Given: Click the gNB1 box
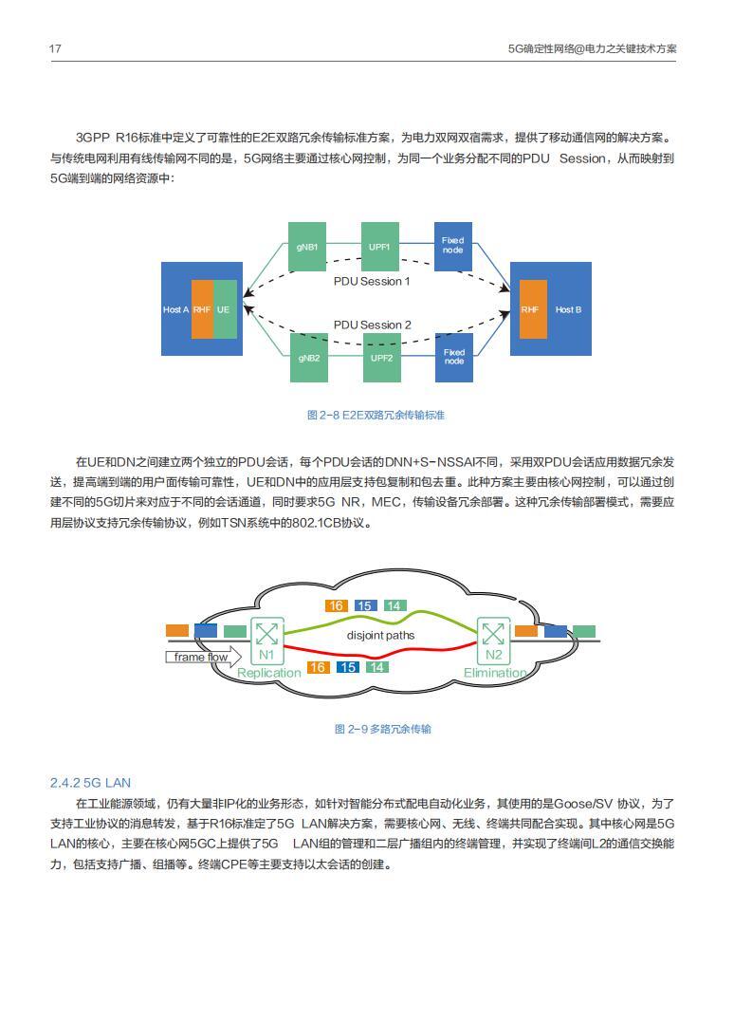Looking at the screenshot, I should coord(306,247).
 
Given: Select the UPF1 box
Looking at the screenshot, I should coord(380,247).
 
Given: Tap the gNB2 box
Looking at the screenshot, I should coord(307,358).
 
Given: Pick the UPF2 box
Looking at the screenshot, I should coord(380,358).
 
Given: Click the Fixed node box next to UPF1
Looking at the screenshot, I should coord(453,246).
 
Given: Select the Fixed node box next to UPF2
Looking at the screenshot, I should coord(454,358).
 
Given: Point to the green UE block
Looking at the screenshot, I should coord(224,309).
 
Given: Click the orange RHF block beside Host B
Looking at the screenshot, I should coord(530,309).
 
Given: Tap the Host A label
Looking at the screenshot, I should coord(175,309).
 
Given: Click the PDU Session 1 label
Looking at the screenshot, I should coord(372,282).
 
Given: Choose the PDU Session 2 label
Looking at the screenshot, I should coord(372,325).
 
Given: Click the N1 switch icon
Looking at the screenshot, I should coord(266,634).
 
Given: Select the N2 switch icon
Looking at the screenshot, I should coord(493,634).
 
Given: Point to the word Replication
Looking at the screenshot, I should coord(268,673).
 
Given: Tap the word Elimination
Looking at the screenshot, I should coord(495,673).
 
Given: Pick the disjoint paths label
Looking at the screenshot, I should coord(380,635).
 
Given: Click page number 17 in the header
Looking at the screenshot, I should coord(56,47).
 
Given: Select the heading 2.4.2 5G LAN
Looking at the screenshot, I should coord(90,783).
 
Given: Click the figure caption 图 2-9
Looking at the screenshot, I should coord(382,729).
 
